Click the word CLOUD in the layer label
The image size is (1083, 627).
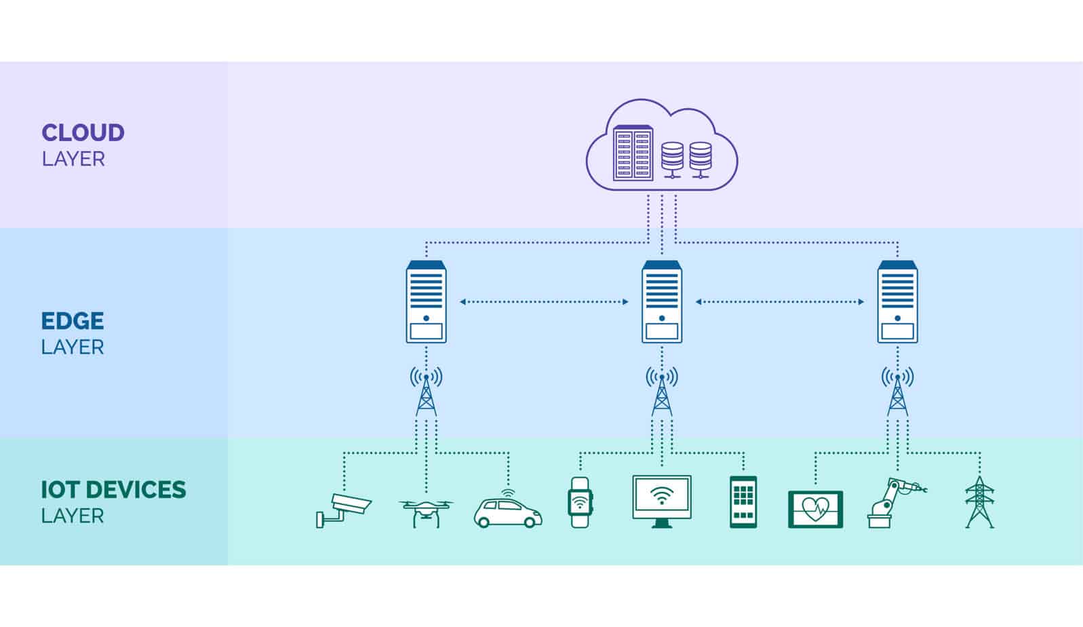click(x=83, y=132)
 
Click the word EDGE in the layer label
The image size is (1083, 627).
click(x=73, y=320)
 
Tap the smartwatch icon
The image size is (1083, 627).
click(x=580, y=502)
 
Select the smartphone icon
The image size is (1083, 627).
click(x=743, y=501)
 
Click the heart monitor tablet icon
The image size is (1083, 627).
click(x=815, y=509)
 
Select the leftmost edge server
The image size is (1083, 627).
click(x=426, y=302)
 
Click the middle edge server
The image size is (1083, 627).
click(x=662, y=302)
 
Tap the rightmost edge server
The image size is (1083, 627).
click(x=897, y=302)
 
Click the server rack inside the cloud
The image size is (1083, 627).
click(x=633, y=153)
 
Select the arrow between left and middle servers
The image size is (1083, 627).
click(x=544, y=302)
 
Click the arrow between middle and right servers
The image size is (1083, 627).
click(x=780, y=302)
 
